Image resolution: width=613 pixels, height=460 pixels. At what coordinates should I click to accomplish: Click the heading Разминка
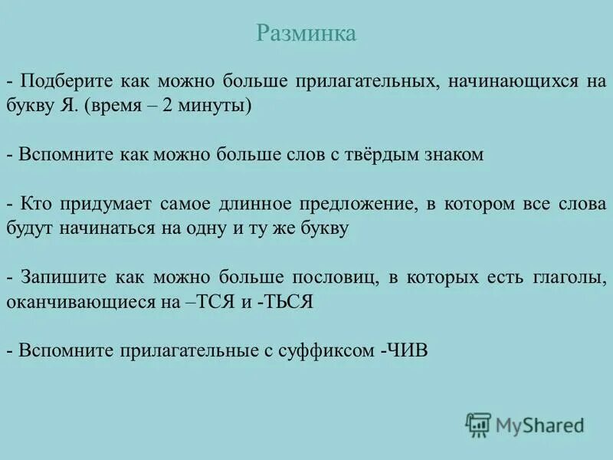click(306, 34)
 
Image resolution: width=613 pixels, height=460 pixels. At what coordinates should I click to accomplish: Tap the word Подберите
click(66, 81)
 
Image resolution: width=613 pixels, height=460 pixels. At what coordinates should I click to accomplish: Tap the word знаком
click(452, 155)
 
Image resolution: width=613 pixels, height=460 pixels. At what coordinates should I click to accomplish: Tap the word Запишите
click(61, 278)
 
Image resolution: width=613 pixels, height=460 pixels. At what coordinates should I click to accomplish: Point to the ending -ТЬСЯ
click(286, 302)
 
